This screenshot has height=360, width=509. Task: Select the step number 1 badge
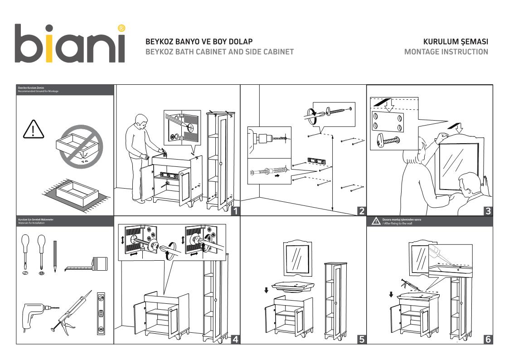point(235,210)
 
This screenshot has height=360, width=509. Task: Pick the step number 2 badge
point(361,210)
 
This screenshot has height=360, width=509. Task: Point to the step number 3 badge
point(488,210)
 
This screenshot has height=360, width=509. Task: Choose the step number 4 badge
point(235,339)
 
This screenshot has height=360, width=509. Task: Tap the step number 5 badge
point(361,339)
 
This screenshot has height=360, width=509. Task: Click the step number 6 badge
point(488,339)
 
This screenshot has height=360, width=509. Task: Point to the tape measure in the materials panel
point(88,265)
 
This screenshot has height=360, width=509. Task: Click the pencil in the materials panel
point(55,256)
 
